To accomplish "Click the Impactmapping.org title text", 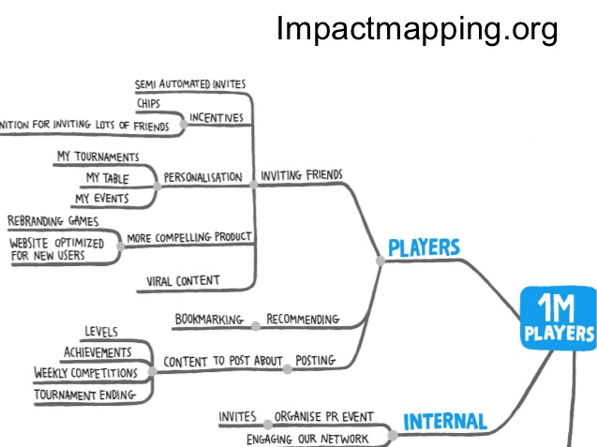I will [x=417, y=30].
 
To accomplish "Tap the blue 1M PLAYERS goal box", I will [x=559, y=320].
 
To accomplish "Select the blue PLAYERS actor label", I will [x=424, y=248].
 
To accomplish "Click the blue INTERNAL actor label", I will [x=445, y=423].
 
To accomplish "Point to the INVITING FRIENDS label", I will [x=302, y=175].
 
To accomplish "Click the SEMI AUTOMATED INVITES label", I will [x=191, y=84].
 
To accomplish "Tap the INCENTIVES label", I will [x=216, y=119].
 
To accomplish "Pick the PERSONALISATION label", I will [x=202, y=177].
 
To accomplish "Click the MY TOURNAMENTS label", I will [x=98, y=156].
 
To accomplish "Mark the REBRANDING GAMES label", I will [x=53, y=221].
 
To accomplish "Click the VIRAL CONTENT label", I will [x=184, y=280].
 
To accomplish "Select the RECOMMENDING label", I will [x=303, y=320].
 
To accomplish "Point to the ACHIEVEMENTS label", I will [x=97, y=352].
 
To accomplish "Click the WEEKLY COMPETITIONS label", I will [x=85, y=373].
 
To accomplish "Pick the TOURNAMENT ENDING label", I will [x=84, y=395].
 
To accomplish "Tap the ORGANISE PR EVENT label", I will [x=324, y=417].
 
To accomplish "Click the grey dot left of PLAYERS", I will [x=380, y=261].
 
